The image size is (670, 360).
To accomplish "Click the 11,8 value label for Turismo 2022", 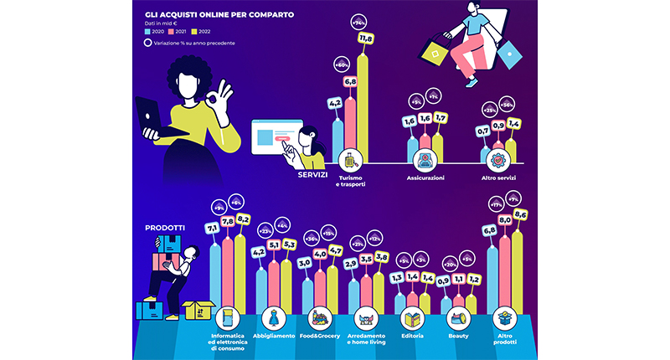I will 365,62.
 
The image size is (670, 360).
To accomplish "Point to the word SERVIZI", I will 313,176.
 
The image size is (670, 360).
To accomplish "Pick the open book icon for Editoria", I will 412,318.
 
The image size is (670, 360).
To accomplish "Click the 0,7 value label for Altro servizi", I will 482,131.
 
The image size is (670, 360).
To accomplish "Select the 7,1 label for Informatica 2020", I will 211,228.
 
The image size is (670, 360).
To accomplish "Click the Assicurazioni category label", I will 425,178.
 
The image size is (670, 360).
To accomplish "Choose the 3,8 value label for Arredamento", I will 381,258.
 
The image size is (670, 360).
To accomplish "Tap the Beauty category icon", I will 458,318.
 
